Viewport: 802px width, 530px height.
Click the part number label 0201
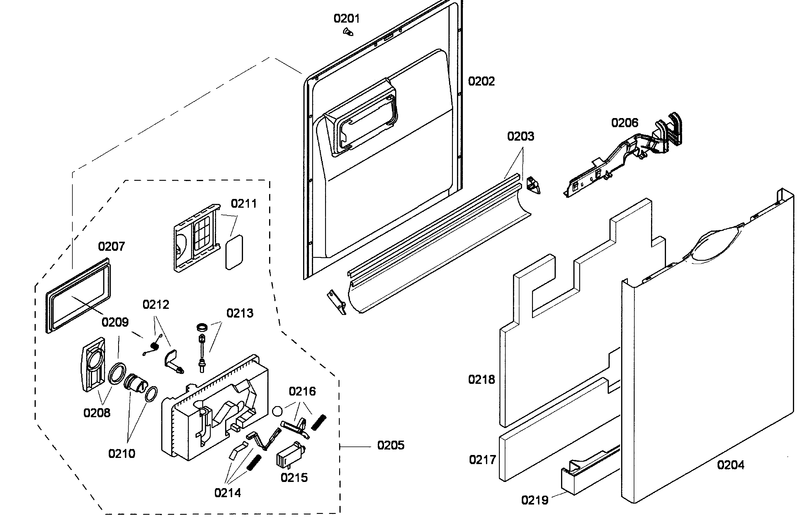coord(346,18)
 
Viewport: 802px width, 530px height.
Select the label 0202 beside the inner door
coord(481,81)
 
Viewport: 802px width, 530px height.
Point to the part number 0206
coord(624,123)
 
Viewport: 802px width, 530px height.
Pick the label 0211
coord(243,204)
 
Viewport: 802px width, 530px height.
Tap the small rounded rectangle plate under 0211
coord(234,252)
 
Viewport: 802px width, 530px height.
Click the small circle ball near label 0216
coord(277,411)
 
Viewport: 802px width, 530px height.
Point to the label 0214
coord(227,493)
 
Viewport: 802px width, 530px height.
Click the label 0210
coord(121,453)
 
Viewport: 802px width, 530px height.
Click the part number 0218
coord(481,380)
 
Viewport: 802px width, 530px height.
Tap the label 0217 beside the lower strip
coord(482,460)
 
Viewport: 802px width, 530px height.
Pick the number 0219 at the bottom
coord(535,500)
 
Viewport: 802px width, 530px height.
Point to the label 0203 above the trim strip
coord(520,136)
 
